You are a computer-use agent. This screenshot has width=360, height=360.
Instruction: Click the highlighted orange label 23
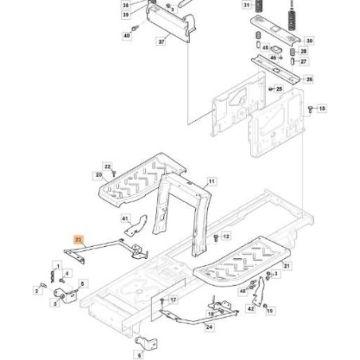pyautogui.click(x=77, y=238)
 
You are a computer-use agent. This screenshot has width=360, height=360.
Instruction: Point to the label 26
pyautogui.click(x=310, y=80)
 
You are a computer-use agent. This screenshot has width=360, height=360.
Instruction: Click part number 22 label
pyautogui.click(x=108, y=166)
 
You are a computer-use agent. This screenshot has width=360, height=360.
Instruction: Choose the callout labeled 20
pyautogui.click(x=99, y=175)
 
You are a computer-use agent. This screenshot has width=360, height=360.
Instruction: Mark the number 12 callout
pyautogui.click(x=226, y=237)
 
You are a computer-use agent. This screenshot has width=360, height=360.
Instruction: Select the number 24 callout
pyautogui.click(x=209, y=327)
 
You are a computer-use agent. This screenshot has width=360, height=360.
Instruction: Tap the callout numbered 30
pyautogui.click(x=310, y=40)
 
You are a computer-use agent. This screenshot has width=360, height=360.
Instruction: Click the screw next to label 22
pyautogui.click(x=115, y=171)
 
